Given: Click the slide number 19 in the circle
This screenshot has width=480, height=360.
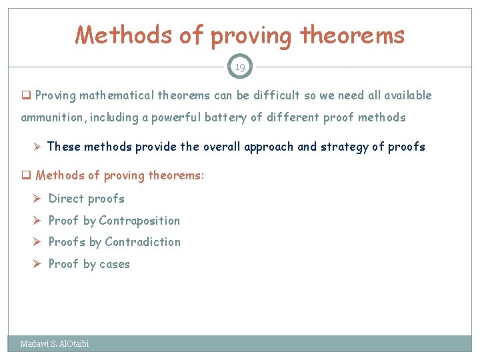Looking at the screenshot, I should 240,67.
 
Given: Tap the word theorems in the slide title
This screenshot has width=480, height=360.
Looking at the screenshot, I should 353,35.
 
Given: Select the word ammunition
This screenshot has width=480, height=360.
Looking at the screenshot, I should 51,118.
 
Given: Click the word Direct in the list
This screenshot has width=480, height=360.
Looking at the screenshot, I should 66,199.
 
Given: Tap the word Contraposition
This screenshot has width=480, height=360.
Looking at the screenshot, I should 139,221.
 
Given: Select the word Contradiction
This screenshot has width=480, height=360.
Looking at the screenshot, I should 143,242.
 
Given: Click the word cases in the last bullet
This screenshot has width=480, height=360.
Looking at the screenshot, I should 115,265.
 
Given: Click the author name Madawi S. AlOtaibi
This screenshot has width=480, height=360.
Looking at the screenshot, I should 54,344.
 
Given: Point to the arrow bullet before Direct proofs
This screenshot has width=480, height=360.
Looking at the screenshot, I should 39,199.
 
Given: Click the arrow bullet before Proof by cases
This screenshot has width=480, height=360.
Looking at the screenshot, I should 39,264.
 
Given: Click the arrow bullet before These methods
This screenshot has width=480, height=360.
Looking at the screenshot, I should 38,147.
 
